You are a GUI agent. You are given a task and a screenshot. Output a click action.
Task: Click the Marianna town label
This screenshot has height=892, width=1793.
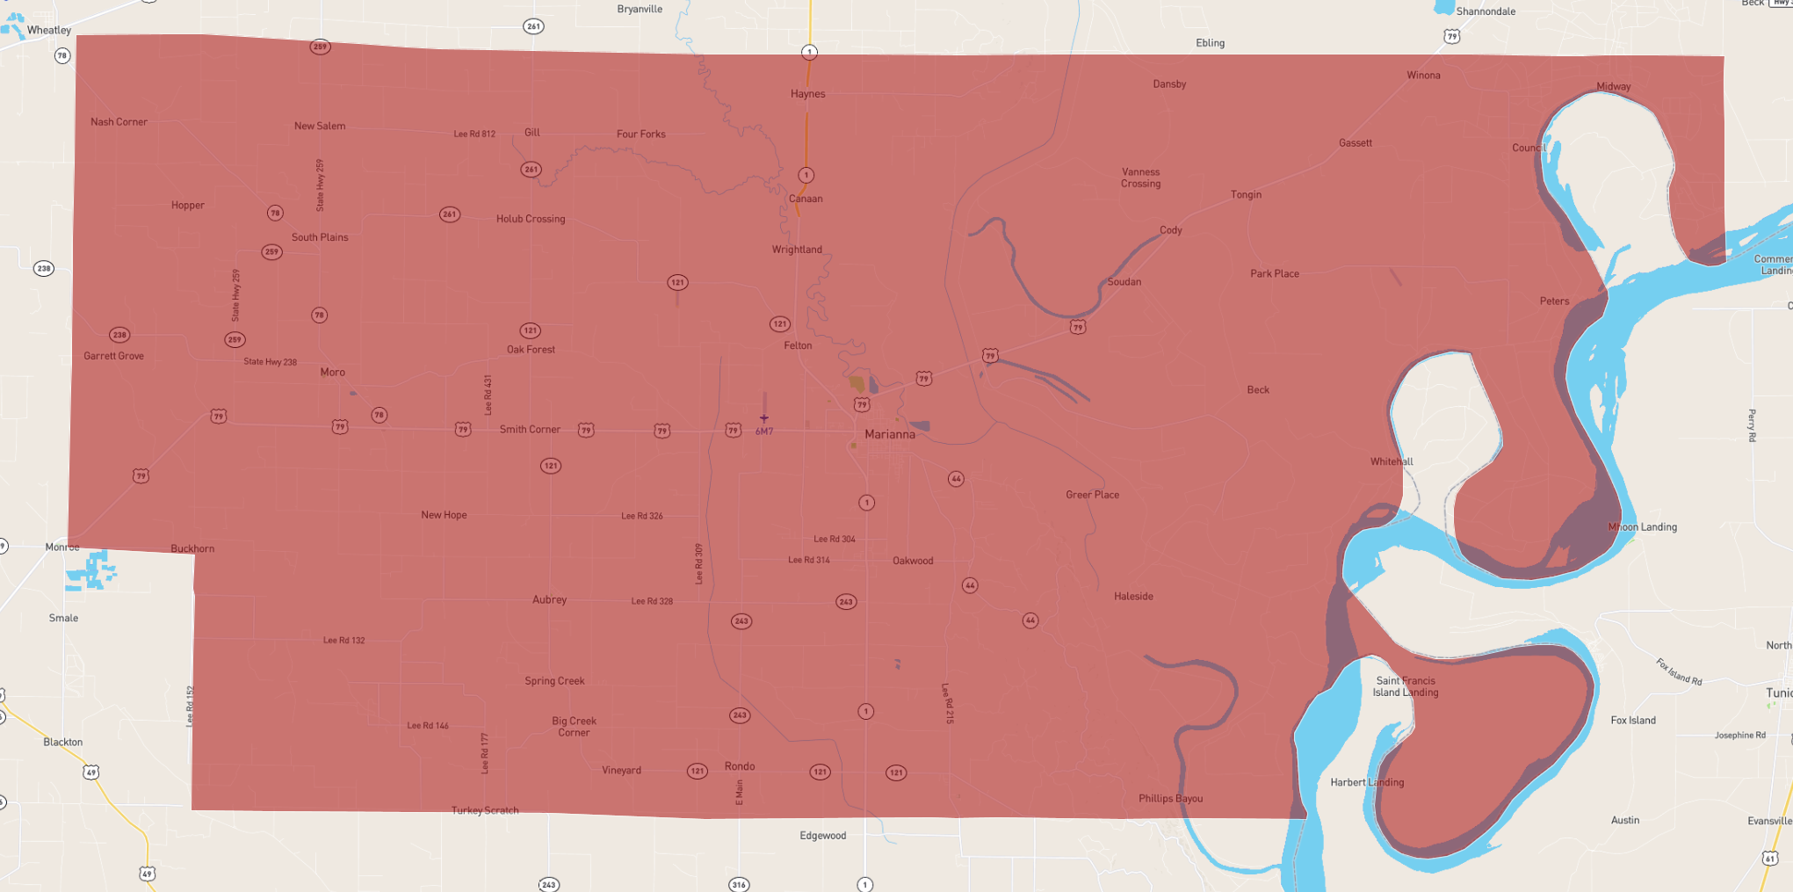pyautogui.click(x=889, y=434)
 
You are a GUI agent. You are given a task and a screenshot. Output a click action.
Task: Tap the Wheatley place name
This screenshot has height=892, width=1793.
pyautogui.click(x=48, y=30)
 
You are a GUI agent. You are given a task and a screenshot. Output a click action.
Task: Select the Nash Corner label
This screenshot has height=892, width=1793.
pyautogui.click(x=119, y=122)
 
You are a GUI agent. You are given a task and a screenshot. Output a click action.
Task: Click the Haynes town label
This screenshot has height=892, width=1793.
pyautogui.click(x=807, y=94)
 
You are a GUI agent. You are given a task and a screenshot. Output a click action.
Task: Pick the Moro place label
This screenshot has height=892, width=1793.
pyautogui.click(x=332, y=373)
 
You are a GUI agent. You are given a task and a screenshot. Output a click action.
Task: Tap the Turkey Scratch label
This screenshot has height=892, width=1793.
pyautogui.click(x=485, y=810)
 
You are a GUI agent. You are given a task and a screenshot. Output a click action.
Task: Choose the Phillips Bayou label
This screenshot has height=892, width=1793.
pyautogui.click(x=1170, y=799)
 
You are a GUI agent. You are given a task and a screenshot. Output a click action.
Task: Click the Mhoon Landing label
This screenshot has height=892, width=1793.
pyautogui.click(x=1642, y=527)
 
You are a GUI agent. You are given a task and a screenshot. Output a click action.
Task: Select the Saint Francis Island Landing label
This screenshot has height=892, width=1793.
pyautogui.click(x=1406, y=686)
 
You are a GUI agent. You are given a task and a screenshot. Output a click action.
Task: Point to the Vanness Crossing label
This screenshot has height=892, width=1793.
pyautogui.click(x=1140, y=178)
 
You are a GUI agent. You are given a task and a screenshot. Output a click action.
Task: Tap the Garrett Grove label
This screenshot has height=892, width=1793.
pyautogui.click(x=113, y=356)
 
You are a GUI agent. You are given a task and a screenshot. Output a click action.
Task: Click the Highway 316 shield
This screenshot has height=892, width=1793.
pyautogui.click(x=739, y=885)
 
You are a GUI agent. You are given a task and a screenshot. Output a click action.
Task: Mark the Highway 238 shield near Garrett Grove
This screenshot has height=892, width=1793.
pyautogui.click(x=119, y=335)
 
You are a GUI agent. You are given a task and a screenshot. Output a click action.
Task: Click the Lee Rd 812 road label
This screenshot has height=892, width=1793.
pyautogui.click(x=474, y=134)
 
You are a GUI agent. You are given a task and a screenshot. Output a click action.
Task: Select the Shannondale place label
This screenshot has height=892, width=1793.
pyautogui.click(x=1486, y=11)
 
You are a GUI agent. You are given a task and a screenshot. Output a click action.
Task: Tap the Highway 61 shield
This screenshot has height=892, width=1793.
pyautogui.click(x=1769, y=858)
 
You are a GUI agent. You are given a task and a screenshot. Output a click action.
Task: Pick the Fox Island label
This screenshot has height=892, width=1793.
pyautogui.click(x=1633, y=721)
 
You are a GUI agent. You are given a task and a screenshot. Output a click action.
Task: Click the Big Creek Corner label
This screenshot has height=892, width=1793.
pyautogui.click(x=574, y=727)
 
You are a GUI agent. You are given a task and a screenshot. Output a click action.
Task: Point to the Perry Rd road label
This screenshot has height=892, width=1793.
pyautogui.click(x=1752, y=425)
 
